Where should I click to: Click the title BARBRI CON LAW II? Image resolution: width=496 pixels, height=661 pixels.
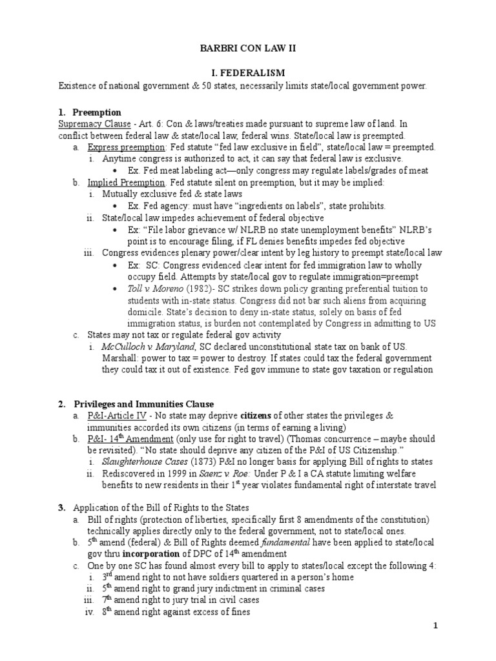coord(248,47)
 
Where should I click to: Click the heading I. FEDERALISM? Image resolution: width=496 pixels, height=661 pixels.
coord(248,74)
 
